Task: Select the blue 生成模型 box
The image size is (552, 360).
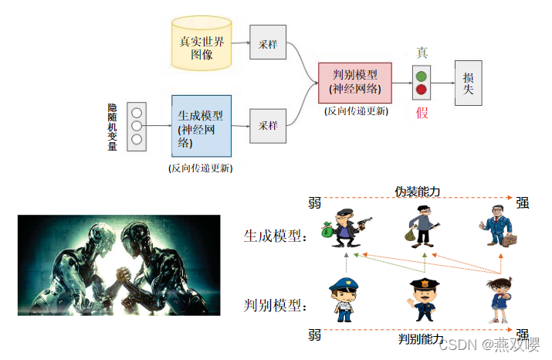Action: click(x=201, y=124)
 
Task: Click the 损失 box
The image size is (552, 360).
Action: click(x=469, y=83)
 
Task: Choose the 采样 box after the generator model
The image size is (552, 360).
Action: click(x=268, y=125)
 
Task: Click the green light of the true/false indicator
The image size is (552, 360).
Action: click(x=421, y=76)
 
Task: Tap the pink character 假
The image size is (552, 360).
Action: click(x=422, y=114)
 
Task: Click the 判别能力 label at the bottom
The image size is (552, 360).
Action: click(x=421, y=339)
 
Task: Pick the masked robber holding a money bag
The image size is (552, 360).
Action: click(x=345, y=226)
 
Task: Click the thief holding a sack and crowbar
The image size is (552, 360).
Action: click(x=423, y=226)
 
